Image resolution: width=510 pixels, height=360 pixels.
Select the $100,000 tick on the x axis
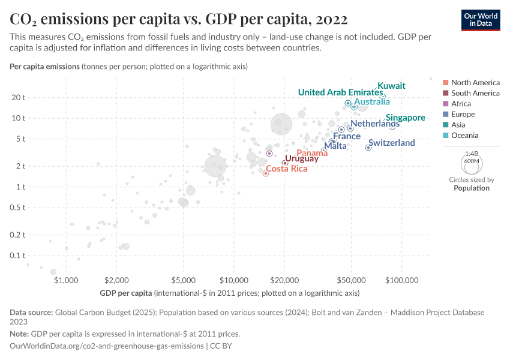click(401, 280)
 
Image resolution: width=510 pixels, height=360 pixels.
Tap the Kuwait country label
click(391, 86)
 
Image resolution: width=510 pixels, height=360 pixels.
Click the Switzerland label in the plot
click(391, 143)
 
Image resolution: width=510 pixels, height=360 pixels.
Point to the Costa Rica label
click(286, 169)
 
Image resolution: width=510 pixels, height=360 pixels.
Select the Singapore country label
click(406, 118)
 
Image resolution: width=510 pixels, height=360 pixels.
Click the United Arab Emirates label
click(340, 92)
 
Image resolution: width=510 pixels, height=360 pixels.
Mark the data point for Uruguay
click(284, 163)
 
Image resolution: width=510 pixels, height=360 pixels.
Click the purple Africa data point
click(269, 154)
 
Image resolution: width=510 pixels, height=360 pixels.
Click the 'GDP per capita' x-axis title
click(126, 293)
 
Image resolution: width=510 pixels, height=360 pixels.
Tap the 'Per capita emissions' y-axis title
click(44, 66)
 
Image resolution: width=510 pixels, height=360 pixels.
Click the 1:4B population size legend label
click(472, 154)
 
